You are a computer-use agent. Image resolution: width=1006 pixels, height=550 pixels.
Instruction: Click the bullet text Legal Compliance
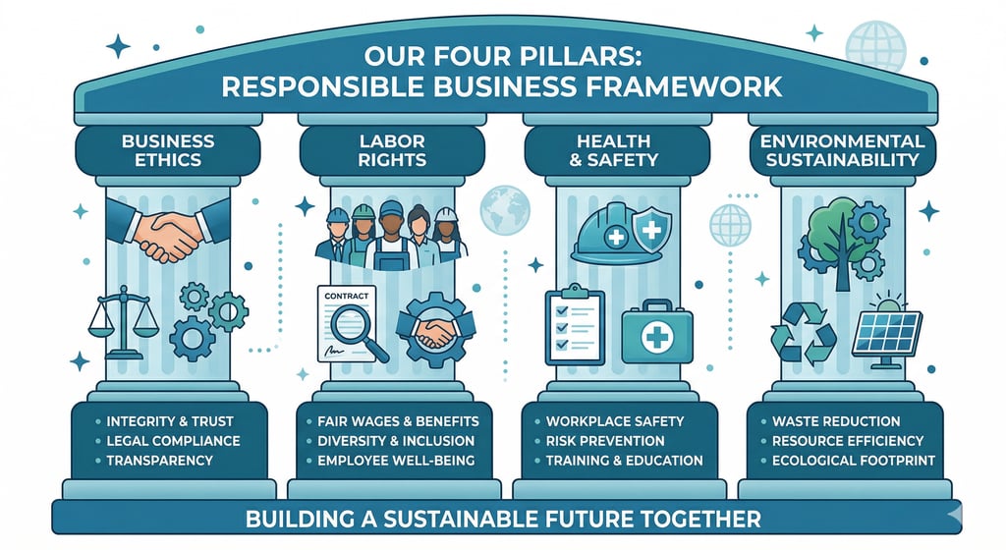(173, 440)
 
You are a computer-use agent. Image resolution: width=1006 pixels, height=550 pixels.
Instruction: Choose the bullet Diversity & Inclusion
(396, 440)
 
